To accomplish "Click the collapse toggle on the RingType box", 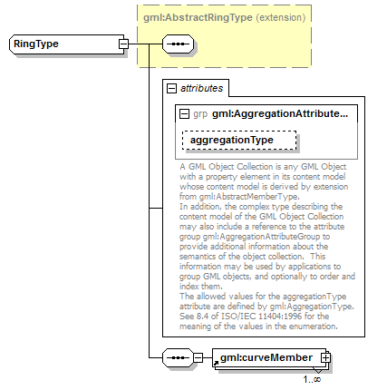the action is click(x=122, y=44).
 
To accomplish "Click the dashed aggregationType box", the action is click(x=240, y=141).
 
